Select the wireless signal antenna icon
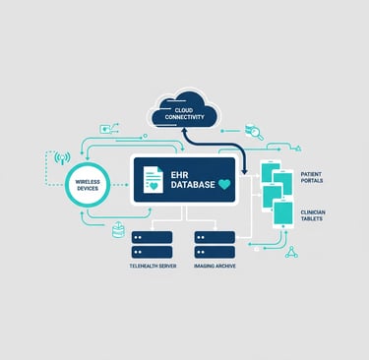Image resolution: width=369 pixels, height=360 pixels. pos(62,156)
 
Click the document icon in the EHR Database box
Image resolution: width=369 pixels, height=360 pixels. pos(154,180)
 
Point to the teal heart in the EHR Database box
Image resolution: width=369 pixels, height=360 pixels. pos(224,184)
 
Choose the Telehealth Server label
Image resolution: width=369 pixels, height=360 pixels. pos(153,266)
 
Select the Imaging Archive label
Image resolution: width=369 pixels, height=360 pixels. pos(215,266)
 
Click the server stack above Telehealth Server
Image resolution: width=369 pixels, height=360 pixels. pos(153,244)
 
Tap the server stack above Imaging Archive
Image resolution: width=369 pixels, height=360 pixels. pos(215,244)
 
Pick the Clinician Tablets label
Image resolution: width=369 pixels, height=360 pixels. pos(315,215)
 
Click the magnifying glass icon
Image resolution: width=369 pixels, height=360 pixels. pos(255,132)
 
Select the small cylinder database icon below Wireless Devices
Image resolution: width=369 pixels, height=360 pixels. pos(119,230)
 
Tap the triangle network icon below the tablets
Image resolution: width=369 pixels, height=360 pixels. pos(291,252)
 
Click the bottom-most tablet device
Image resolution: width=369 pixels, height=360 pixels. pos(283,212)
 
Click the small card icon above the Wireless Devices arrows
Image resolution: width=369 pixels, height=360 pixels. pos(105,128)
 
